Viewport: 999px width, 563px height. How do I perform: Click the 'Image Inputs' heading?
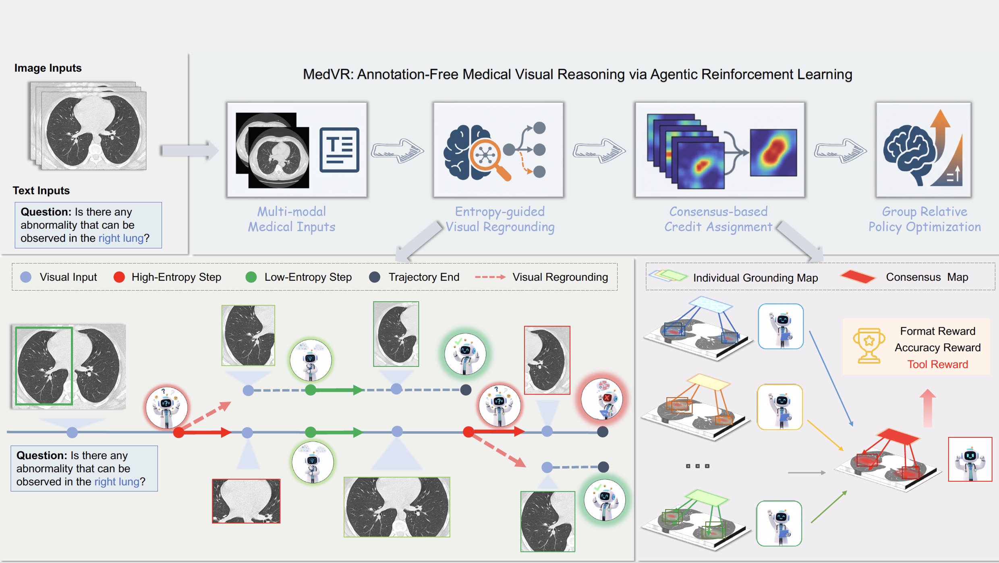click(x=48, y=68)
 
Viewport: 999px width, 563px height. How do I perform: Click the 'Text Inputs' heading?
click(x=41, y=190)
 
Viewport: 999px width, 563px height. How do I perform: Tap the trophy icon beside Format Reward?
click(x=868, y=346)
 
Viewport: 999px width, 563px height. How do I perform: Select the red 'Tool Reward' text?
click(x=937, y=364)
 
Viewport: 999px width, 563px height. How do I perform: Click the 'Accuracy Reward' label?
click(x=937, y=348)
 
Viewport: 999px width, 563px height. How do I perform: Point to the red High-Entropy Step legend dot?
click(x=119, y=277)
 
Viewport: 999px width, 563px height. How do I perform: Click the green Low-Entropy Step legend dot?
click(x=251, y=277)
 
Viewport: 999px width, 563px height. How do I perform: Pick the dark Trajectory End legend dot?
click(x=375, y=277)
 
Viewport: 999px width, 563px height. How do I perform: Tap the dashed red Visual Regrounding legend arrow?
click(x=490, y=277)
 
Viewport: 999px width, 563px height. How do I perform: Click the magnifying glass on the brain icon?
click(x=488, y=157)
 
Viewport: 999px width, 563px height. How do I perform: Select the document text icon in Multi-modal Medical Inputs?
click(x=339, y=149)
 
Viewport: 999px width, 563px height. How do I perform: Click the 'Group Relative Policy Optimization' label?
click(x=924, y=219)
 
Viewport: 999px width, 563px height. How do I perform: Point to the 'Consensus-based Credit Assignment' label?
click(x=718, y=219)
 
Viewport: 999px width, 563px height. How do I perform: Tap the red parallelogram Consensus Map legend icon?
click(x=857, y=277)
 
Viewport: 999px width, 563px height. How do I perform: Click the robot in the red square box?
click(x=970, y=459)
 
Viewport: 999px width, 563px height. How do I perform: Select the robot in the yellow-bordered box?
click(x=780, y=407)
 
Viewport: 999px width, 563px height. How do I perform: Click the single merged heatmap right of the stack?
click(x=773, y=153)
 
